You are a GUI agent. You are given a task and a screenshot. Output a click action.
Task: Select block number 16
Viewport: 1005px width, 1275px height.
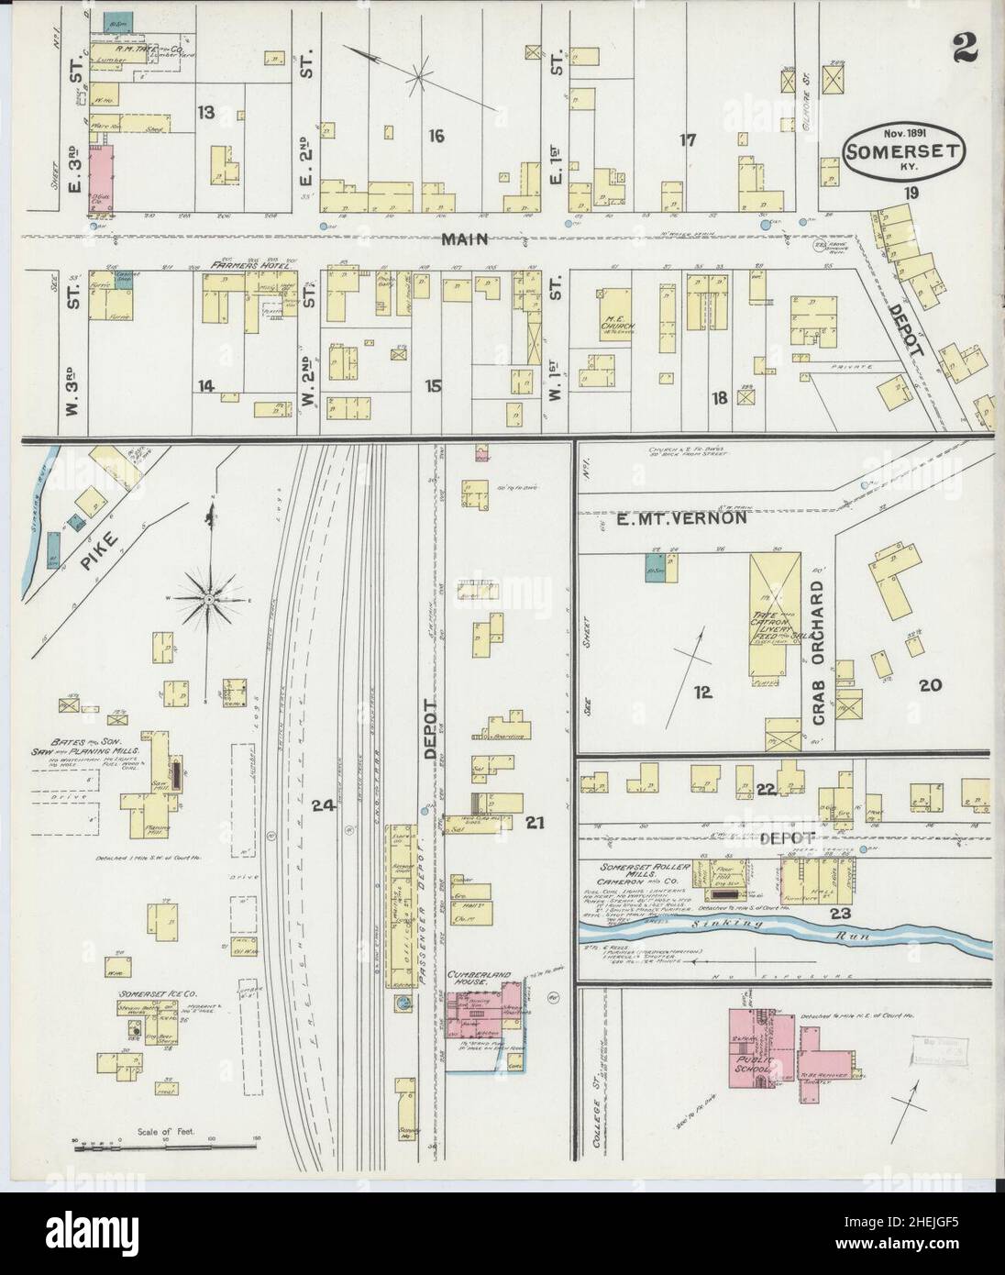436,136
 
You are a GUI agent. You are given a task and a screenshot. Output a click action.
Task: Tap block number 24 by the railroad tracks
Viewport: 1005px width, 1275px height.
321,805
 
